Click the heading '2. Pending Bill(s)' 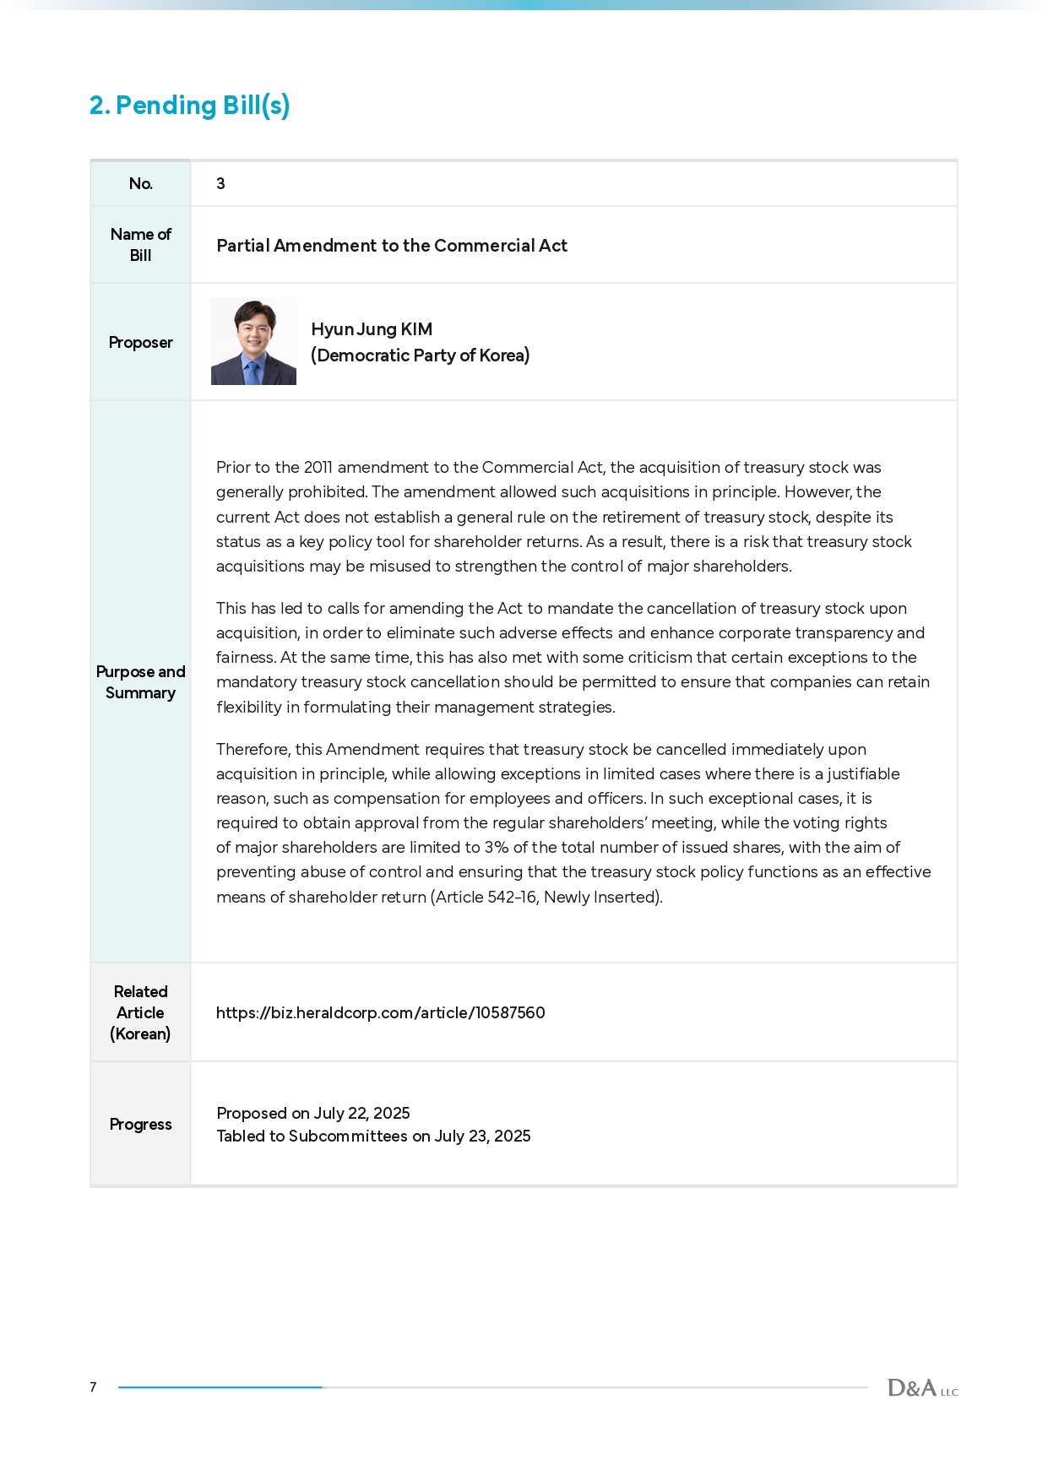[x=190, y=106]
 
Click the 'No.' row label [x=141, y=183]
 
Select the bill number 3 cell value [x=220, y=183]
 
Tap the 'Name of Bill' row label [x=141, y=245]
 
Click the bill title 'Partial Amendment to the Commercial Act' [x=392, y=246]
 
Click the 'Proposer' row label [x=141, y=342]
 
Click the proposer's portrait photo [x=253, y=341]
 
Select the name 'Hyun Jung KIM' [x=372, y=329]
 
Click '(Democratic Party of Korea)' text [x=420, y=355]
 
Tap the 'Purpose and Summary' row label [x=141, y=682]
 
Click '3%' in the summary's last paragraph [x=496, y=848]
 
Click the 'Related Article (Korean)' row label [x=141, y=1012]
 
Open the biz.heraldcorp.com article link [x=381, y=1012]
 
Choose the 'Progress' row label [x=141, y=1125]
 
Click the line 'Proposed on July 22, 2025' [x=313, y=1114]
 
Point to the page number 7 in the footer [x=93, y=1386]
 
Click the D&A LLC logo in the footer [x=922, y=1388]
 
